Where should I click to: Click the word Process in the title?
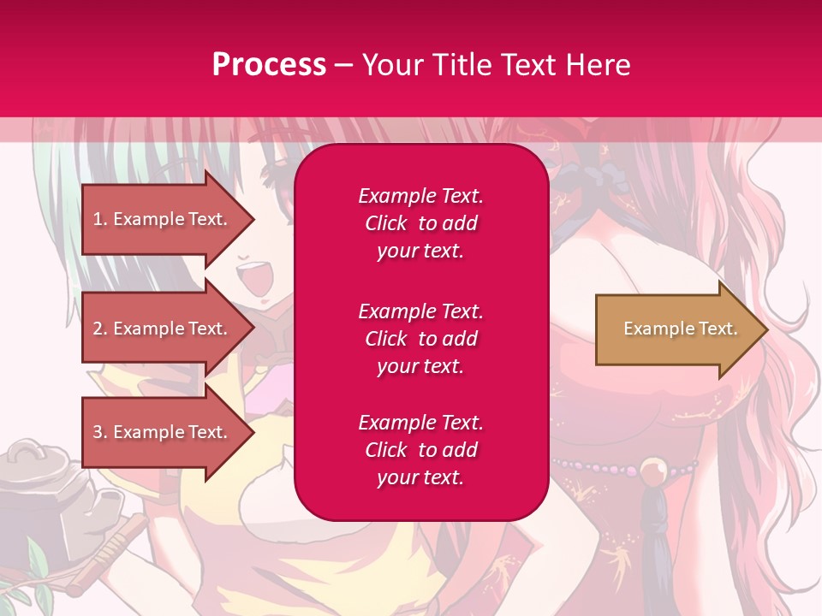tap(269, 64)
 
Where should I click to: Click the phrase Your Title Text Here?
tap(496, 64)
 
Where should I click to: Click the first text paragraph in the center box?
tap(420, 223)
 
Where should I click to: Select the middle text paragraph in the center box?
tap(420, 339)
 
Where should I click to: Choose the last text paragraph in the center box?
tap(420, 450)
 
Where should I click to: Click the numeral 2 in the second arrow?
tap(98, 329)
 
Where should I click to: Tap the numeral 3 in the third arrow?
tap(98, 432)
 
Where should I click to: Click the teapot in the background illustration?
tap(39, 479)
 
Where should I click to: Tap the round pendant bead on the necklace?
tap(656, 470)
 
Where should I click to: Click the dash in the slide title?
tap(343, 65)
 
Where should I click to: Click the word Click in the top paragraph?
tap(385, 223)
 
